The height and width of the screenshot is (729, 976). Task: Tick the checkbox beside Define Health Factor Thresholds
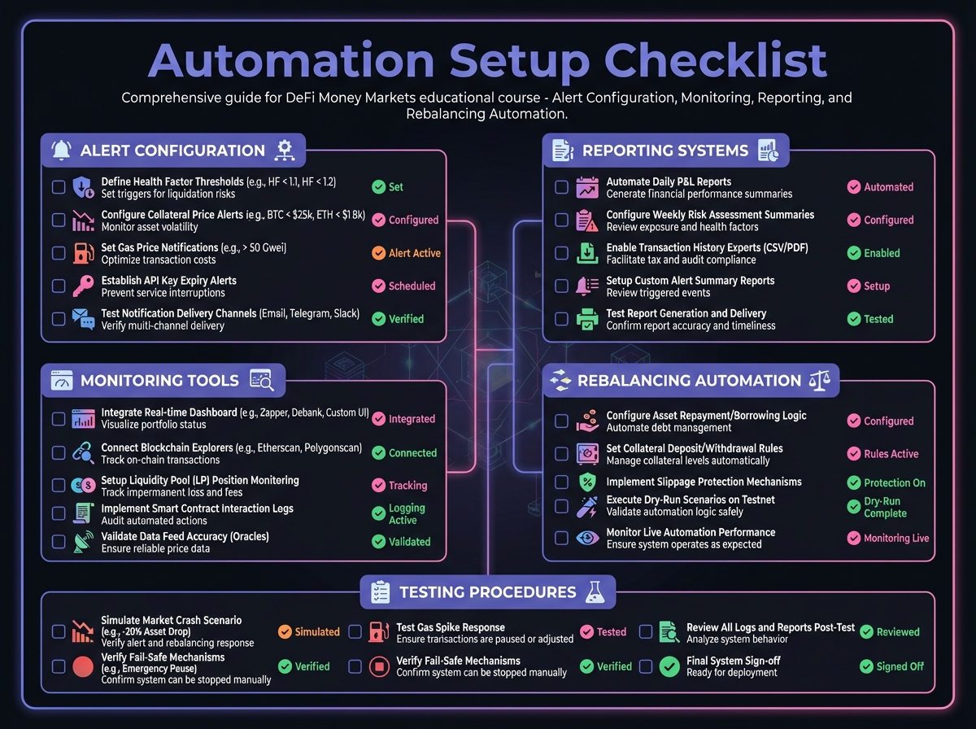(x=59, y=187)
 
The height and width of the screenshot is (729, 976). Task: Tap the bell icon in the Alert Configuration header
(x=61, y=150)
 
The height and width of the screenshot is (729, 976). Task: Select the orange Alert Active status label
(x=406, y=253)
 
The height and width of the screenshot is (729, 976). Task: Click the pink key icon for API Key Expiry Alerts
(x=82, y=286)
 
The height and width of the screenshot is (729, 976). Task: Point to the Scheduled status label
(x=403, y=286)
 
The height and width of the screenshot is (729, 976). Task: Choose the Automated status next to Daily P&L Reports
(x=880, y=187)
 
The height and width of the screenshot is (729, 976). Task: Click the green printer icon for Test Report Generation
(x=586, y=319)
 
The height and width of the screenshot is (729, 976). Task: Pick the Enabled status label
(x=874, y=253)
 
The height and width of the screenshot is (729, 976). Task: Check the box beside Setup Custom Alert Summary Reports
(x=561, y=286)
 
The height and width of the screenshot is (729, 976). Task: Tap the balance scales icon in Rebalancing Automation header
(x=817, y=380)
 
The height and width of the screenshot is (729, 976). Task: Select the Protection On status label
(x=886, y=482)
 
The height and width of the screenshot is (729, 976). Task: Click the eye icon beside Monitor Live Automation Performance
(x=586, y=538)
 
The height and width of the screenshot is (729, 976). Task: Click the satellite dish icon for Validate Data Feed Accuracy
(x=82, y=542)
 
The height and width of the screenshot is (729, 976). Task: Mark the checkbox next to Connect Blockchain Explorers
(x=59, y=452)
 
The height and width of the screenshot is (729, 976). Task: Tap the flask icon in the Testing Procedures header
(x=595, y=592)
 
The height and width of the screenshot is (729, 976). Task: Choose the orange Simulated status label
(x=308, y=632)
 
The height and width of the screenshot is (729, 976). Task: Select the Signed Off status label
(x=892, y=666)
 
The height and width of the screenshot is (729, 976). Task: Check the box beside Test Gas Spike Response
(x=355, y=632)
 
